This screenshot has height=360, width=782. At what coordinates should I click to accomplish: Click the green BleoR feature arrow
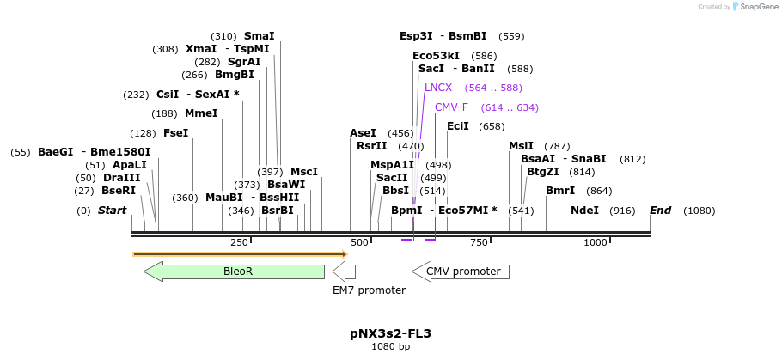click(234, 272)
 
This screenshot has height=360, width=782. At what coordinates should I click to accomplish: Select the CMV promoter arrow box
click(460, 272)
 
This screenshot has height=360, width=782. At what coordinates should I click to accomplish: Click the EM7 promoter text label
click(369, 290)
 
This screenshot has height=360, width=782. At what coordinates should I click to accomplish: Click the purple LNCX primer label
click(438, 88)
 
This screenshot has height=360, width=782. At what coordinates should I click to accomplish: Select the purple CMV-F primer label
click(451, 107)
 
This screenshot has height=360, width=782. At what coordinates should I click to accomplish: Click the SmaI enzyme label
click(260, 36)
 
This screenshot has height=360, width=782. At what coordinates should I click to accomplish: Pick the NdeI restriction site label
click(584, 211)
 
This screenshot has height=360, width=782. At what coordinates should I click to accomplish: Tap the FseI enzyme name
click(175, 133)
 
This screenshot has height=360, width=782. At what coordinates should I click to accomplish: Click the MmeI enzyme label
click(201, 113)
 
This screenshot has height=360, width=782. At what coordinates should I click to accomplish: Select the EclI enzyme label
click(458, 126)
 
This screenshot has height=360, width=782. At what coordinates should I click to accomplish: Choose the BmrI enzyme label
click(560, 191)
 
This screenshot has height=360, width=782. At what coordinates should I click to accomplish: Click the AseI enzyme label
click(363, 133)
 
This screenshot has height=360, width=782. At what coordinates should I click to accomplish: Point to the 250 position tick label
click(239, 242)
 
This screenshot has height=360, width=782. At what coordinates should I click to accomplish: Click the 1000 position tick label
click(596, 242)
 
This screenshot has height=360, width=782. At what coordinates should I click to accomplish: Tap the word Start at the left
click(112, 211)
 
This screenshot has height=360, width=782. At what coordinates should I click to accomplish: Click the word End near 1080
click(660, 211)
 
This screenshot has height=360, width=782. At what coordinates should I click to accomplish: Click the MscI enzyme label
click(304, 172)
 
